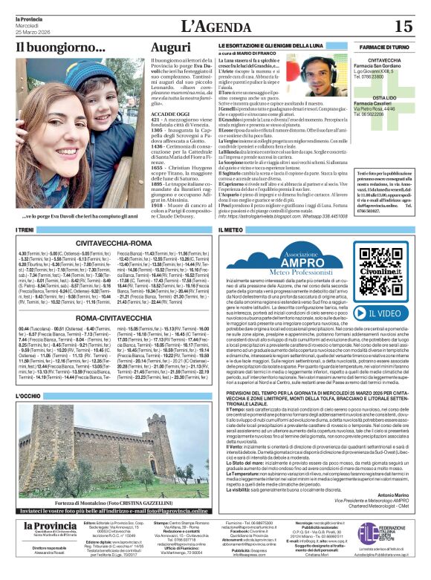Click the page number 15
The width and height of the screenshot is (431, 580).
pyautogui.click(x=403, y=25)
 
